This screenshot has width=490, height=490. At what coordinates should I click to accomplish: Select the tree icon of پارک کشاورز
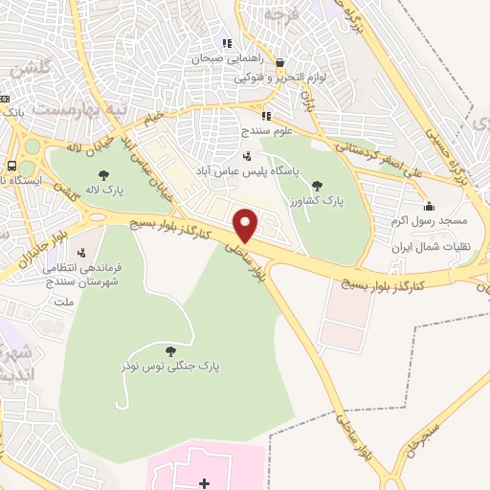coord(318,186)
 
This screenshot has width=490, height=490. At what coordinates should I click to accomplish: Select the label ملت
coord(63,302)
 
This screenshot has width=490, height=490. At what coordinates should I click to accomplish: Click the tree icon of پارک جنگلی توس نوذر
coord(170,351)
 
